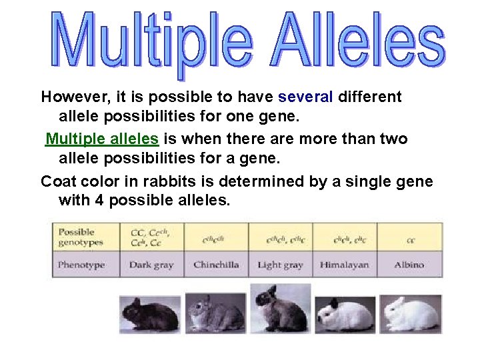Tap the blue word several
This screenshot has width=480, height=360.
305,97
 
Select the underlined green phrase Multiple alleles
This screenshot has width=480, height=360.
102,139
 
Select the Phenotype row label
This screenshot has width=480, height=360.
81,265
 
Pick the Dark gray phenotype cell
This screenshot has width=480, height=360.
151,265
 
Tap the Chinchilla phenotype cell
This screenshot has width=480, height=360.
216,265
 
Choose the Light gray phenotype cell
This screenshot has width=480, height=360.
280,265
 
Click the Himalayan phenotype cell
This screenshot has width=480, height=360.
345,265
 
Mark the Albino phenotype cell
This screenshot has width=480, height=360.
409,265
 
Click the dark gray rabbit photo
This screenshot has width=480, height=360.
149,313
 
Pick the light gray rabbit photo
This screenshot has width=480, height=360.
280,308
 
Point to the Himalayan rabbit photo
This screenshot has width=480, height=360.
345,313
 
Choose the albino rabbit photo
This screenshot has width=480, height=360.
411,313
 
